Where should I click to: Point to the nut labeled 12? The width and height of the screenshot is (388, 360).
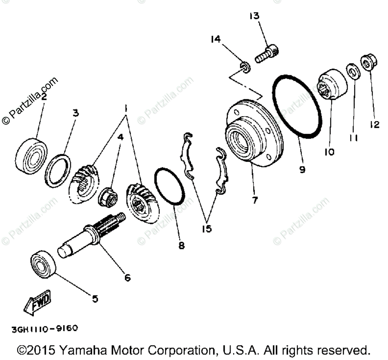pos(367,63)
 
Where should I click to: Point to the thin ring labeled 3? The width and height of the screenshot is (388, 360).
pos(59,170)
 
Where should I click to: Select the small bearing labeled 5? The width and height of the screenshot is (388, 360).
pos(43,265)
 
